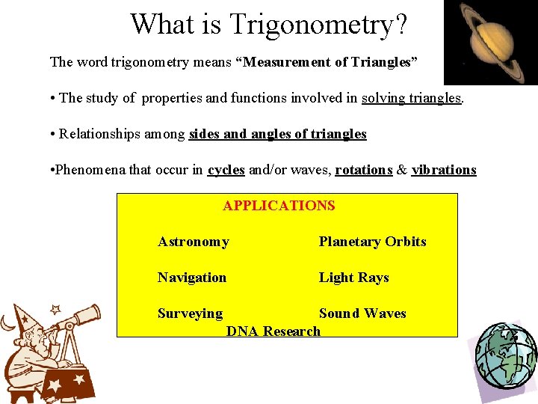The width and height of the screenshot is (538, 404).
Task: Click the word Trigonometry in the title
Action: point(318,24)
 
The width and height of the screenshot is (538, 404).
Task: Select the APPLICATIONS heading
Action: point(279,206)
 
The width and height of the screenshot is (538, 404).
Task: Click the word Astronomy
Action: point(193,242)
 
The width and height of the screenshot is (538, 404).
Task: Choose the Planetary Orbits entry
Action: point(372,242)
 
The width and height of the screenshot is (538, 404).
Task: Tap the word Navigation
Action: point(191,278)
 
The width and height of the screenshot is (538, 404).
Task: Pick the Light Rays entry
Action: point(353,278)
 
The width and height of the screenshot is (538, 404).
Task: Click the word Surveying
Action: point(190,313)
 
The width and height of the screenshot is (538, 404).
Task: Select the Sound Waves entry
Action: point(362,313)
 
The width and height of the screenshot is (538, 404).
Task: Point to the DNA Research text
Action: point(273,331)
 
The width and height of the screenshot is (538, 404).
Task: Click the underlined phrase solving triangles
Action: point(412,98)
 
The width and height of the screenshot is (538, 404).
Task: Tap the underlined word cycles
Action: point(226,170)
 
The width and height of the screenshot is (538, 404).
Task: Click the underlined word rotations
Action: point(363,170)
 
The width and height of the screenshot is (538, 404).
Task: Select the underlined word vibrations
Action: point(443,170)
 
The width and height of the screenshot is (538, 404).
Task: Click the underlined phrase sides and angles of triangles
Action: point(277,134)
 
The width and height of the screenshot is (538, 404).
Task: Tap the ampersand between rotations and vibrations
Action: point(402,170)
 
